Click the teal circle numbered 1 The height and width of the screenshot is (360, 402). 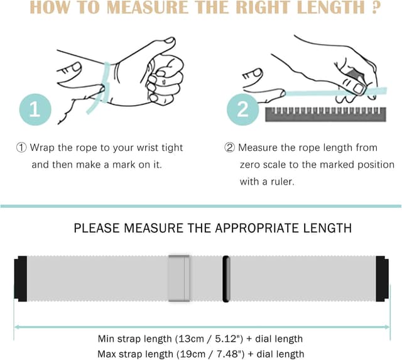click(35, 109)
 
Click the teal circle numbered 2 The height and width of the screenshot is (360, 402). click(242, 109)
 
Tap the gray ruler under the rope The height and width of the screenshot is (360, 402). click(325, 114)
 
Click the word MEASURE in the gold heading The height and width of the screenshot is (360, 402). click(147, 8)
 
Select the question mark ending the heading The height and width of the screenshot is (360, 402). click(376, 8)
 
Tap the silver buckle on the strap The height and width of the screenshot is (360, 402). click(179, 278)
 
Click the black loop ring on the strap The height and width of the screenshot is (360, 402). click(226, 279)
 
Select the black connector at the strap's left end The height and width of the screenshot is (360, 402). click(21, 279)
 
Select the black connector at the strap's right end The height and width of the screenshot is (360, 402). click(383, 279)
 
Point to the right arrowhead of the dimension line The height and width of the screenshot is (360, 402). click(387, 327)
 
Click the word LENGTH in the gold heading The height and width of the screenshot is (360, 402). click(331, 8)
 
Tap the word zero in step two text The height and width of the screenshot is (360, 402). click(250, 165)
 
